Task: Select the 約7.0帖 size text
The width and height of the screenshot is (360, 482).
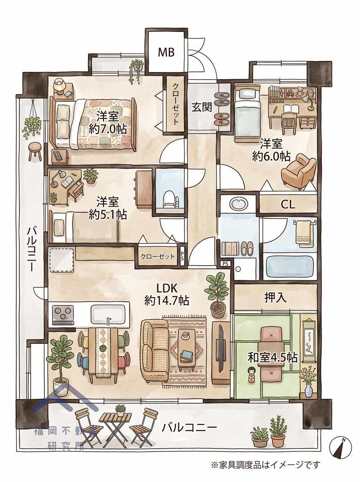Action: pyautogui.click(x=108, y=129)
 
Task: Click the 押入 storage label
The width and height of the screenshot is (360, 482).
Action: pyautogui.click(x=275, y=297)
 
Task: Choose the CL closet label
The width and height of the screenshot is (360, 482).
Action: pyautogui.click(x=288, y=204)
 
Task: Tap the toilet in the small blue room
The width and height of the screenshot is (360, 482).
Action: pyautogui.click(x=169, y=200)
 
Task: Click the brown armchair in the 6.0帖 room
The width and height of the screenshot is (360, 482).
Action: pyautogui.click(x=299, y=170)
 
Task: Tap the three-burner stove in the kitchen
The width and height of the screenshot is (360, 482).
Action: pyautogui.click(x=64, y=314)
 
